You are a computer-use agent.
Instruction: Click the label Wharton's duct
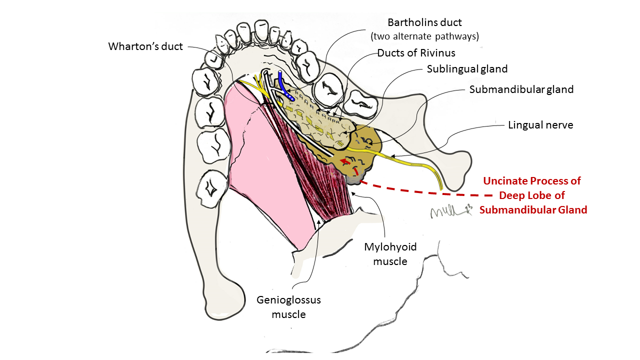[145, 46]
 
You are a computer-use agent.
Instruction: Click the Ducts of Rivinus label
[416, 53]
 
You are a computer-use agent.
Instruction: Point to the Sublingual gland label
[467, 69]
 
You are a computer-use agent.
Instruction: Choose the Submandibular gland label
[521, 89]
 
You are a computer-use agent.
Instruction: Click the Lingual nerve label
[540, 125]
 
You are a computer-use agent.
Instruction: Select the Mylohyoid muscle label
[390, 254]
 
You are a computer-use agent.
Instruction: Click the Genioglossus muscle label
[288, 307]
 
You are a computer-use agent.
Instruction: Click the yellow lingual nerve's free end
[441, 186]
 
